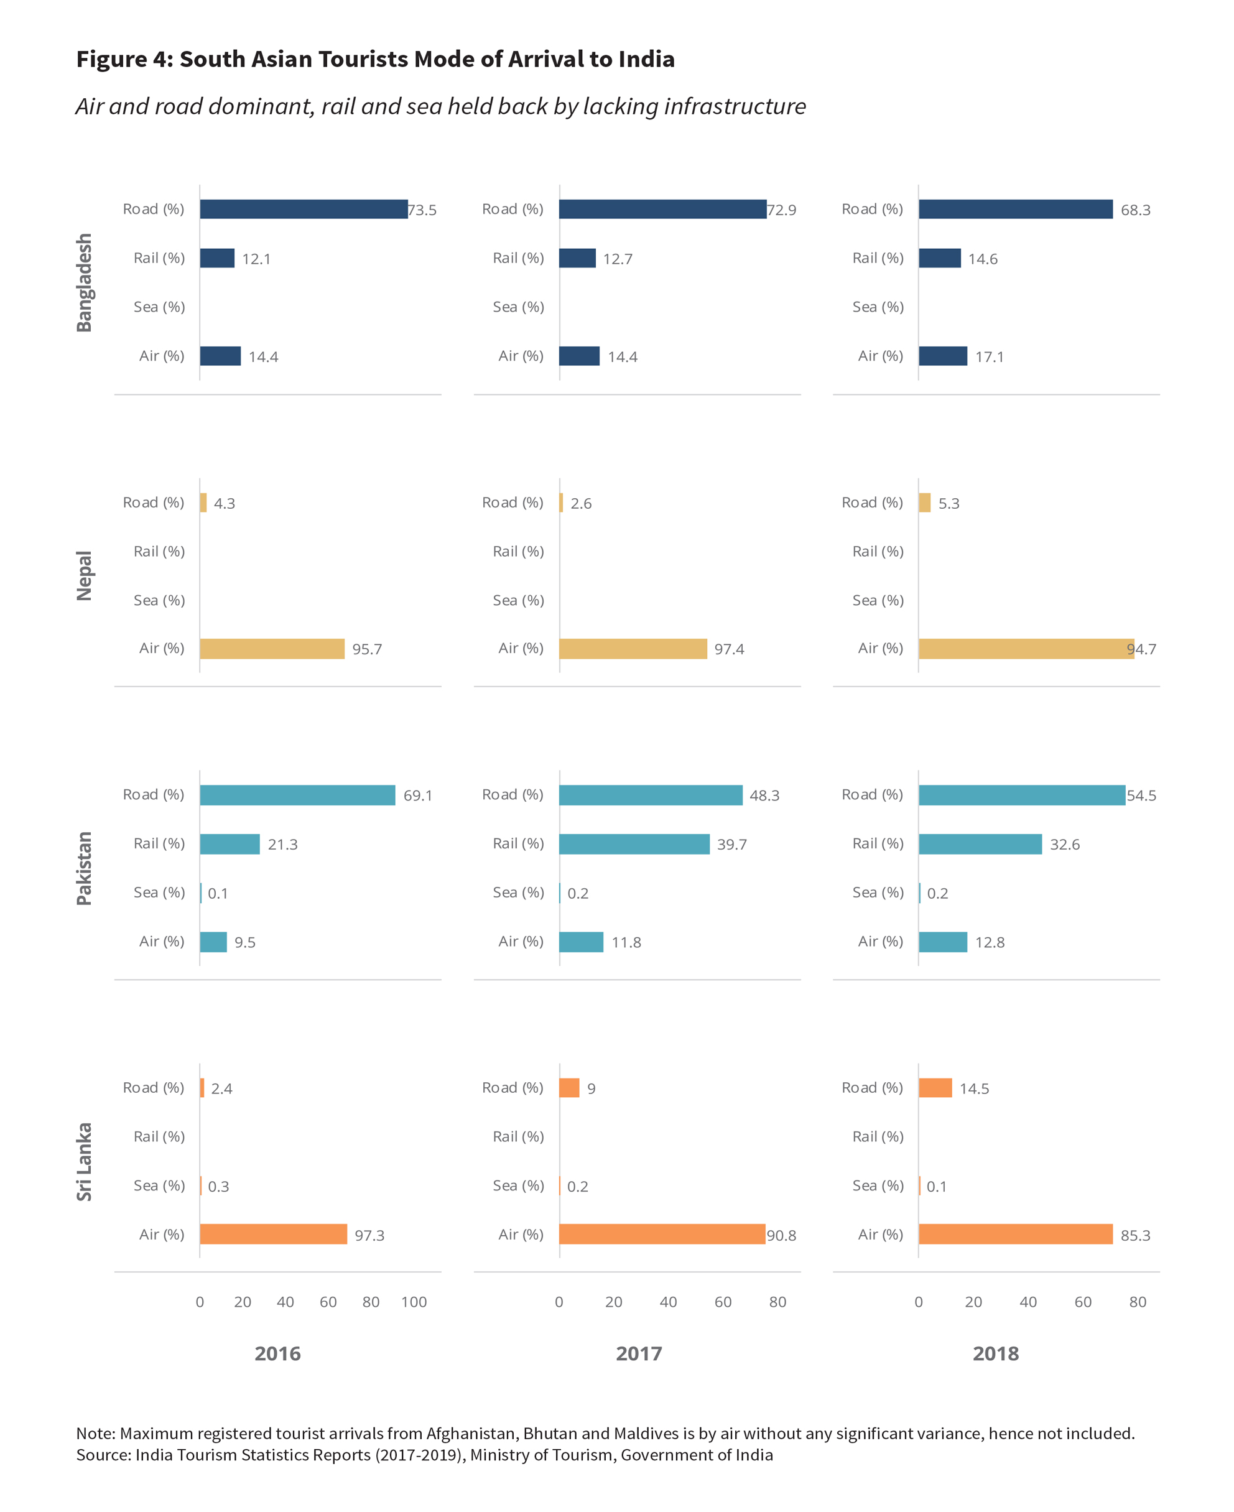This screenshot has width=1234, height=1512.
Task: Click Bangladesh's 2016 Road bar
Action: (x=304, y=209)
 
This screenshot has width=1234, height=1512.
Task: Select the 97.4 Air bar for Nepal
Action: (x=633, y=648)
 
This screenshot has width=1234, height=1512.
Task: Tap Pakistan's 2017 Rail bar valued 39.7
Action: (x=634, y=844)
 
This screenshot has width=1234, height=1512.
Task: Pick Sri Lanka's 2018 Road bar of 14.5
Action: (x=935, y=1088)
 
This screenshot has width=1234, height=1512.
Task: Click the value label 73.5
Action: (x=422, y=210)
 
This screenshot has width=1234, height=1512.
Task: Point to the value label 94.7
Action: (x=1141, y=649)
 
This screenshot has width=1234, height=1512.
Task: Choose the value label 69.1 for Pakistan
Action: (x=418, y=795)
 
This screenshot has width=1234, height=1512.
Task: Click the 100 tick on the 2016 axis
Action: (x=414, y=1302)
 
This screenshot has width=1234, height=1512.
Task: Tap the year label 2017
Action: (x=638, y=1353)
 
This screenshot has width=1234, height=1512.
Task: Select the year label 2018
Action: (x=995, y=1353)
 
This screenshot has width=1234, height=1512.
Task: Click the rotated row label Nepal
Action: (x=84, y=576)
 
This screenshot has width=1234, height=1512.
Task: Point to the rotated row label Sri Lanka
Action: (x=84, y=1162)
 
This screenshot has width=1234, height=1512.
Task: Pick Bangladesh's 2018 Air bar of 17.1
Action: (x=942, y=356)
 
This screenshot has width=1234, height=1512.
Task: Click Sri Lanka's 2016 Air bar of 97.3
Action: (x=273, y=1234)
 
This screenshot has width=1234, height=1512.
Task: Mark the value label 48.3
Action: (x=764, y=795)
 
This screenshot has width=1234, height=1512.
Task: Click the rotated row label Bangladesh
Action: (x=84, y=283)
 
